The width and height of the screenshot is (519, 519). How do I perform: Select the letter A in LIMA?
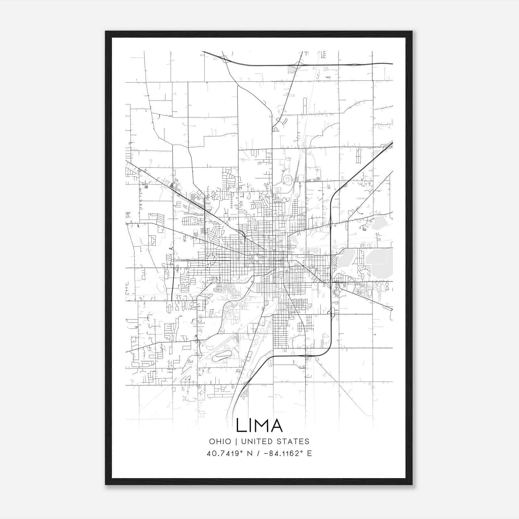(276, 425)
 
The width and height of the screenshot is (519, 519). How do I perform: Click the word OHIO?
(220, 441)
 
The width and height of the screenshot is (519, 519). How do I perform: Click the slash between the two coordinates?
(259, 453)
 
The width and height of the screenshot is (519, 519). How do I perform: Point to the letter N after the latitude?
(250, 453)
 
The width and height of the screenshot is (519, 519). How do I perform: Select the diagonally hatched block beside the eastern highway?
(334, 260)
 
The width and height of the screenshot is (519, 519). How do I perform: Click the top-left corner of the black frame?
(106, 31)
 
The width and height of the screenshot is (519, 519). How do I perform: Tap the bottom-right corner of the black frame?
(412, 485)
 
